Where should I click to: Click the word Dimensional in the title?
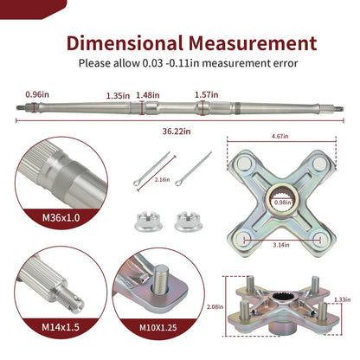(125, 43)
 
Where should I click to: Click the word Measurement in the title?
(253, 43)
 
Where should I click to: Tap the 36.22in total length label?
(177, 132)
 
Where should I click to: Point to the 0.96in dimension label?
(37, 94)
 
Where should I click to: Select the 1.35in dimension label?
(118, 95)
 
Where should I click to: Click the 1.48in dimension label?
(148, 95)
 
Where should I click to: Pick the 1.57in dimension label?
(206, 95)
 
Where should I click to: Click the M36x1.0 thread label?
(61, 218)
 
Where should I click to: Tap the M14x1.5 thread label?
(61, 327)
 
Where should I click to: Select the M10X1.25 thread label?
(158, 328)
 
